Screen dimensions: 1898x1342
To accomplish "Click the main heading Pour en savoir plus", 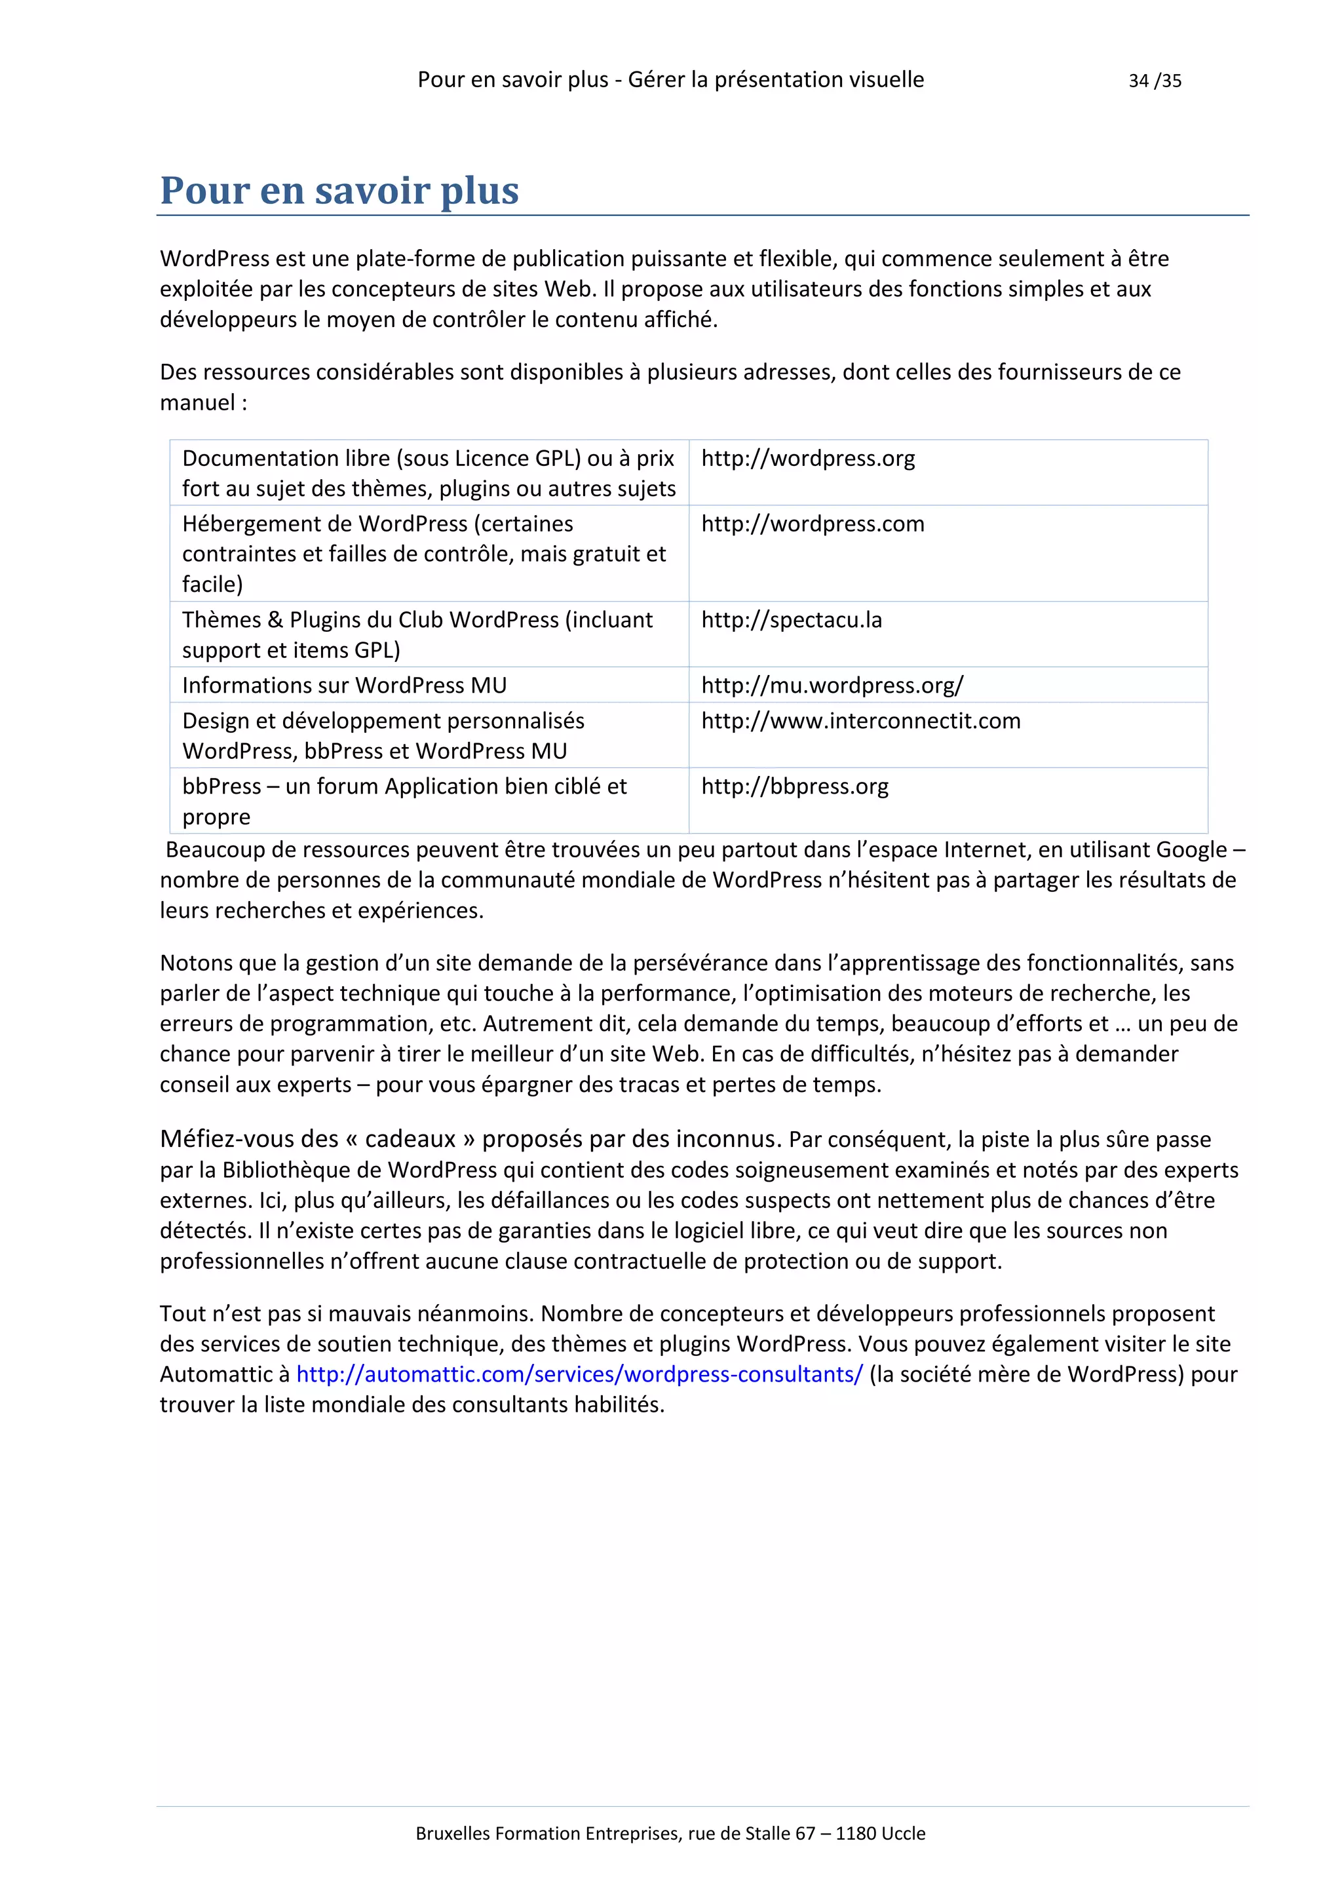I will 339,190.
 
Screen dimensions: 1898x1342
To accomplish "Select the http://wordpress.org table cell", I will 807,459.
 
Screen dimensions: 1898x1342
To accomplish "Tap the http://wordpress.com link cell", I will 813,524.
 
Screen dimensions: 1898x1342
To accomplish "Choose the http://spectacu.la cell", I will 791,620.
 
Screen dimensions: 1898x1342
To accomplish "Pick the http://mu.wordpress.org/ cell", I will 832,686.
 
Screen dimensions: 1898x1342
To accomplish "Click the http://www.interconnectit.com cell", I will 860,721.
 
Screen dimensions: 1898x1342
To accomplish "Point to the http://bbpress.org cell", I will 794,786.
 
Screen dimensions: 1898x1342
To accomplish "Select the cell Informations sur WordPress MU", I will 344,686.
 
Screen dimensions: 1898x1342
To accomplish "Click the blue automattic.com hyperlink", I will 579,1374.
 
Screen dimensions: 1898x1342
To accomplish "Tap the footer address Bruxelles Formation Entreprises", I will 670,1834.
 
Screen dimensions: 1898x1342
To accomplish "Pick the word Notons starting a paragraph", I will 196,963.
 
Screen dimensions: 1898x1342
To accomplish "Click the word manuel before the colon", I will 197,402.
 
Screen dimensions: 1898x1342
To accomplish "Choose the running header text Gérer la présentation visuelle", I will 775,80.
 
